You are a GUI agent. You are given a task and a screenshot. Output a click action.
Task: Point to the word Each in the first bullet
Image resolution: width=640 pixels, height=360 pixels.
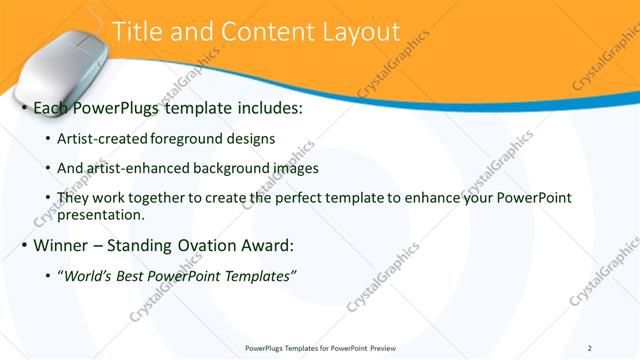pyautogui.click(x=51, y=107)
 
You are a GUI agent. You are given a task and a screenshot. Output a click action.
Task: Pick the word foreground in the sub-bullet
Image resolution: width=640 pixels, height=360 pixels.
pyautogui.click(x=184, y=138)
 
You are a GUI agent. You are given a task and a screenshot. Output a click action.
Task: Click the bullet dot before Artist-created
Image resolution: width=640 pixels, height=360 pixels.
pyautogui.click(x=50, y=139)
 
